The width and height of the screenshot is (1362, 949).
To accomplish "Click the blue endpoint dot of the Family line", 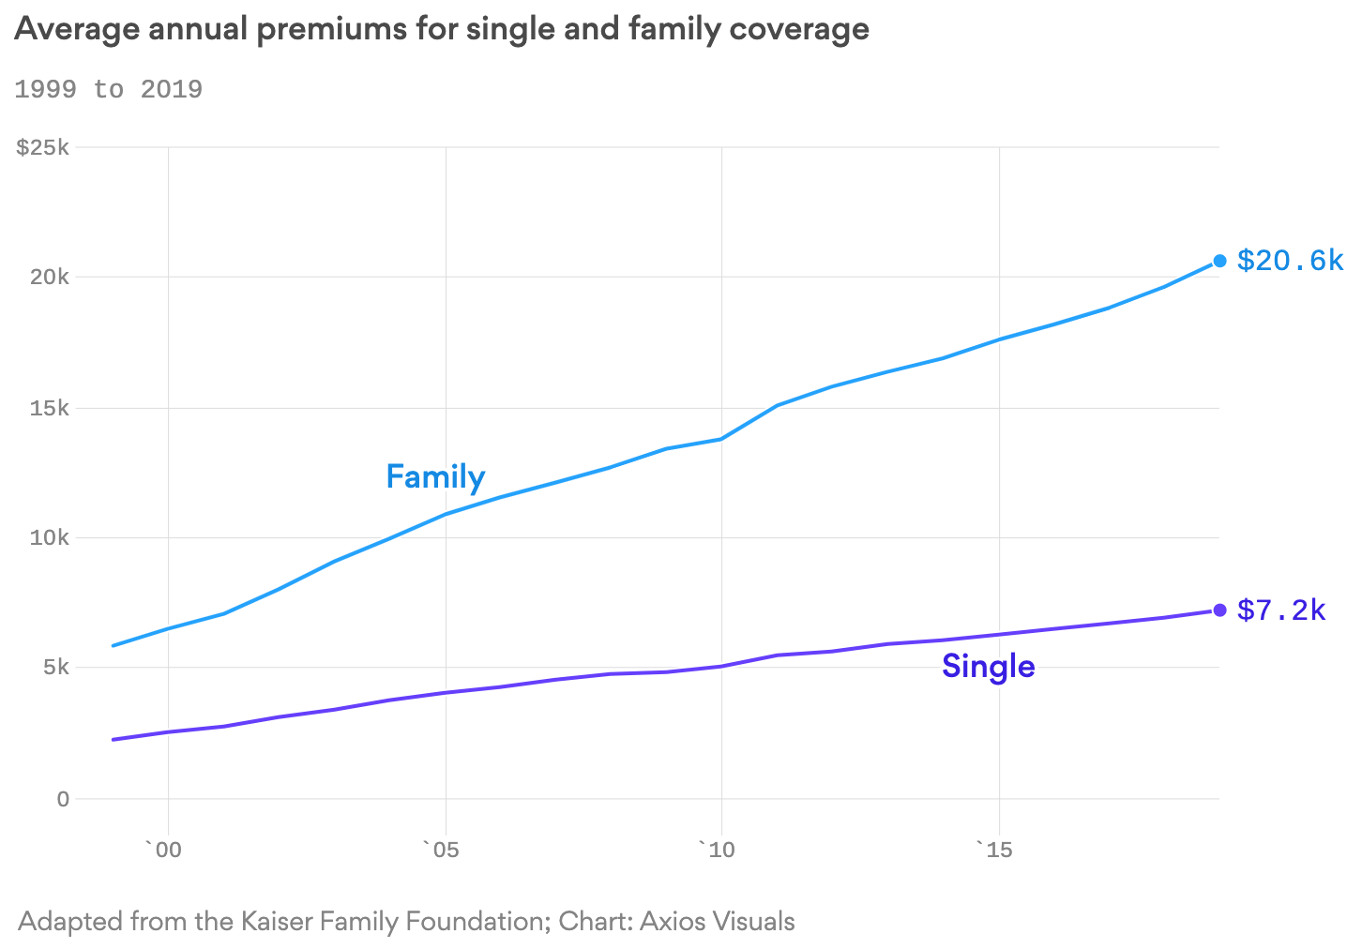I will click(1219, 261).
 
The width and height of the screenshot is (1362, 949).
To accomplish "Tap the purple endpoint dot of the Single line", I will click(1219, 610).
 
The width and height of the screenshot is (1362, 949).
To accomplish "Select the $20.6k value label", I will click(1290, 260).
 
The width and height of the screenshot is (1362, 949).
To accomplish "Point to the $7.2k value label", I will click(1281, 610).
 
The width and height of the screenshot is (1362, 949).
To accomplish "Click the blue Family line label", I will click(435, 477).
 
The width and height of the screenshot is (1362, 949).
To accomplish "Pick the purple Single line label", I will click(988, 667).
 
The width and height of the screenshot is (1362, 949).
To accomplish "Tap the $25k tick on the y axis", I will click(43, 147).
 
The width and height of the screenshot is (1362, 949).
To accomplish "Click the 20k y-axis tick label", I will click(49, 278).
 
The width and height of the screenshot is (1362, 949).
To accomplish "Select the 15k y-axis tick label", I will click(49, 408).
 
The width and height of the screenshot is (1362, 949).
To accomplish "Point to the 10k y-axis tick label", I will click(49, 538).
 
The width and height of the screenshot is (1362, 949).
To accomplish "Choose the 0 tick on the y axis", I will click(63, 799).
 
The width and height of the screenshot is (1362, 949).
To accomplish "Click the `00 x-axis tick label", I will click(163, 851).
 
